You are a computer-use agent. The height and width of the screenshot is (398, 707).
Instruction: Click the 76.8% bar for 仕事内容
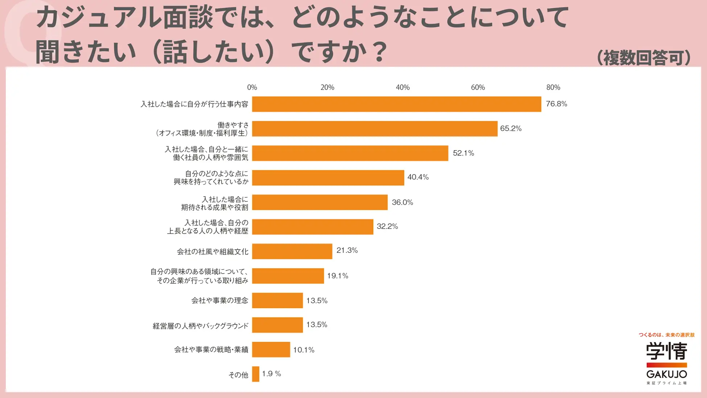coord(396,104)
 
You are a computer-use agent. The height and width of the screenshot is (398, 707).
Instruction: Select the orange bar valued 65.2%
coord(375,129)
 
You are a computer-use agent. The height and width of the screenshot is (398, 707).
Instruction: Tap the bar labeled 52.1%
coord(350,153)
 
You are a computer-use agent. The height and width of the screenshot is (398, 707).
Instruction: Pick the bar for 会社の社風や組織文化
coord(292,251)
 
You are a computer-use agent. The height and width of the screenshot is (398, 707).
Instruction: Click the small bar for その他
coord(256,374)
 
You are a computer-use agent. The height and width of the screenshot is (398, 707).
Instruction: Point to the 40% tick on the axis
coord(402,87)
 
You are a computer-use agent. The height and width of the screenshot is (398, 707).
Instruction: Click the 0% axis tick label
coord(252,87)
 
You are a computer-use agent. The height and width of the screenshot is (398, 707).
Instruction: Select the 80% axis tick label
coord(553,87)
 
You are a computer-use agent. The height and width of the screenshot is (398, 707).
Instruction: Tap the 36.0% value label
coord(402,202)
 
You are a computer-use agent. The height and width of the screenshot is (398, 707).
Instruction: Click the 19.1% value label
coord(338,276)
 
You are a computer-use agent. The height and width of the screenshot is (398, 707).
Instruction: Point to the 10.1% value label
coord(303,350)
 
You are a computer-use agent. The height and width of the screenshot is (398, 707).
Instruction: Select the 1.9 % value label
coord(272,374)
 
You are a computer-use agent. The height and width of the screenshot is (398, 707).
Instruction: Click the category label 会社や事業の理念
coord(220,300)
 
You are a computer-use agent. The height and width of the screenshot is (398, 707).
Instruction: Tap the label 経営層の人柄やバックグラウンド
coord(200,326)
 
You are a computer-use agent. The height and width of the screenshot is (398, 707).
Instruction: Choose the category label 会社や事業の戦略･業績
coord(211,350)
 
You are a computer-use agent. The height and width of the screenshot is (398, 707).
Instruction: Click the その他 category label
coord(238,375)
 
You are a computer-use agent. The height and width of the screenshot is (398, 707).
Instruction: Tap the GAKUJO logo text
coord(666,374)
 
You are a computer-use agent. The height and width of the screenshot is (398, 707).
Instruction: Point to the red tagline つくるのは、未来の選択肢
coord(666,335)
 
